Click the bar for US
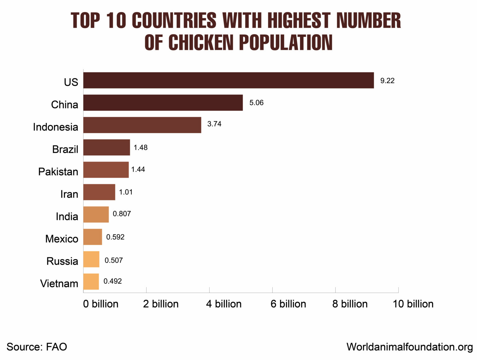[229, 80]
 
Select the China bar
[163, 103]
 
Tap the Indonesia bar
[142, 125]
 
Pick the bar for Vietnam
[91, 281]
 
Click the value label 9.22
[387, 81]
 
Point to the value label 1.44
[138, 170]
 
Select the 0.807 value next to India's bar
[122, 214]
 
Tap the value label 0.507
[114, 260]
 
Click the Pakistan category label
[58, 171]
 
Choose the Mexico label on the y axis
[61, 239]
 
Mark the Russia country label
[62, 261]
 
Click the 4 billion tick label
[224, 304]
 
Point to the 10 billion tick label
[413, 304]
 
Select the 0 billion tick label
[101, 304]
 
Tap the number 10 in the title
[116, 21]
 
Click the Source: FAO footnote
[37, 347]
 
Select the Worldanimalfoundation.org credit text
[410, 347]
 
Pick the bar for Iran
[99, 192]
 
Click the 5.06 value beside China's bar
[256, 103]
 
